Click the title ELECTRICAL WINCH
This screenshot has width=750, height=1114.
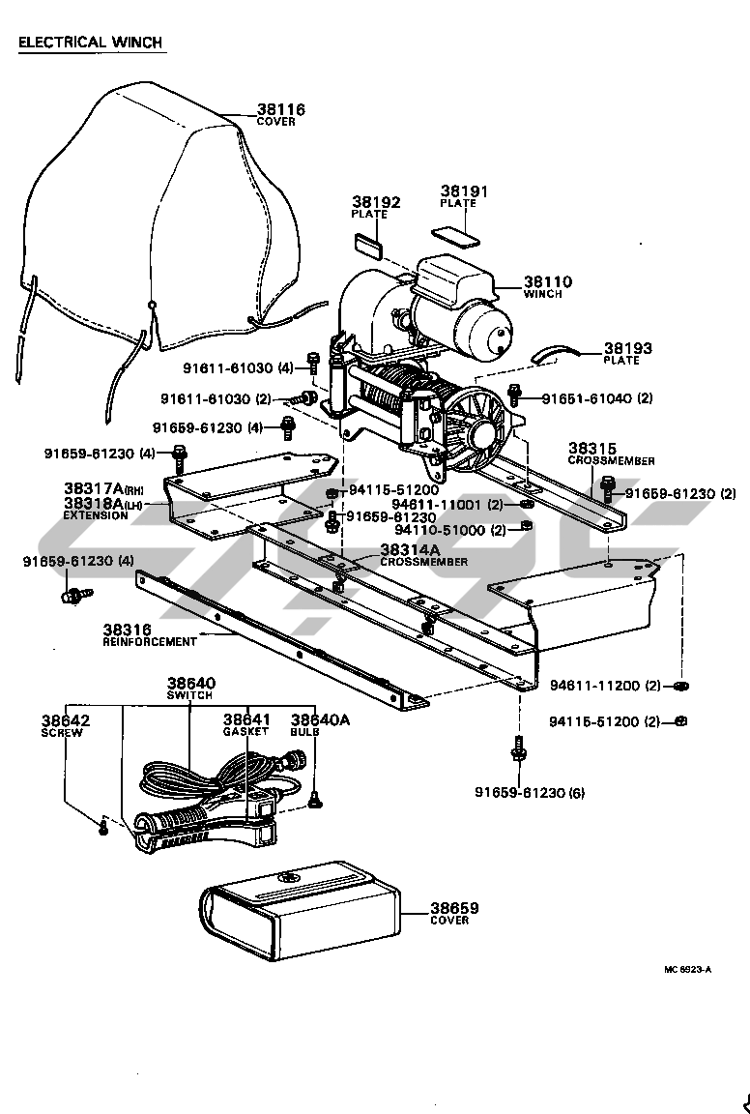click(90, 43)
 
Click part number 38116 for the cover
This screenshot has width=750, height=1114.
click(280, 109)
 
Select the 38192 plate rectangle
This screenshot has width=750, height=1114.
click(366, 244)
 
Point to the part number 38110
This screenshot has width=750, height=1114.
click(548, 282)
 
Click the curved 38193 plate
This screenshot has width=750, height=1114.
click(556, 353)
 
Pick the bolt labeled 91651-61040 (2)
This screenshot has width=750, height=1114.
click(515, 395)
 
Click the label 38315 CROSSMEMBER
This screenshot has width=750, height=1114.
click(611, 454)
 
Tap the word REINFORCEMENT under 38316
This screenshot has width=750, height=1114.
click(150, 641)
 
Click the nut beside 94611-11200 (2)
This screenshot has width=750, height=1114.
click(681, 686)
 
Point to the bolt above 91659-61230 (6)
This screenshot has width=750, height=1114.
click(518, 748)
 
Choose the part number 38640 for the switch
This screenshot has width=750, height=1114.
click(191, 683)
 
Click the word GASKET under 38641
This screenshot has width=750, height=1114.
click(245, 732)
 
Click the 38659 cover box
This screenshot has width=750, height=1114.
click(300, 911)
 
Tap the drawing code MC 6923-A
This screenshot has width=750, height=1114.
click(687, 970)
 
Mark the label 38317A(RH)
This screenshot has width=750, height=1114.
click(104, 488)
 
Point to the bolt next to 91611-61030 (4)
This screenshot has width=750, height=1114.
click(312, 362)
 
